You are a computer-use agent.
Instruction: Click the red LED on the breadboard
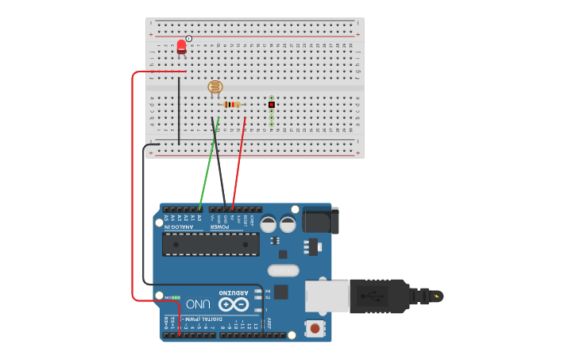181,47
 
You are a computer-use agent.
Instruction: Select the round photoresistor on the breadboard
215,87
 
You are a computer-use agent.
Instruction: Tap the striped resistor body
231,104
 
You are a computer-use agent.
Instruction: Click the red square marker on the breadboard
272,104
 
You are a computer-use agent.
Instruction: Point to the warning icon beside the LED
189,38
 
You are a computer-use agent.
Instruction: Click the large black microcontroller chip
211,244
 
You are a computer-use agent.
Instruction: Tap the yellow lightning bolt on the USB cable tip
435,296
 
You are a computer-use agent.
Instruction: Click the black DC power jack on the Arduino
321,219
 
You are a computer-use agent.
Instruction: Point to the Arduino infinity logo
234,304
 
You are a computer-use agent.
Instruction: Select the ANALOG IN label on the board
182,227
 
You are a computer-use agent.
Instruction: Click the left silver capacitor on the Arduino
269,224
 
